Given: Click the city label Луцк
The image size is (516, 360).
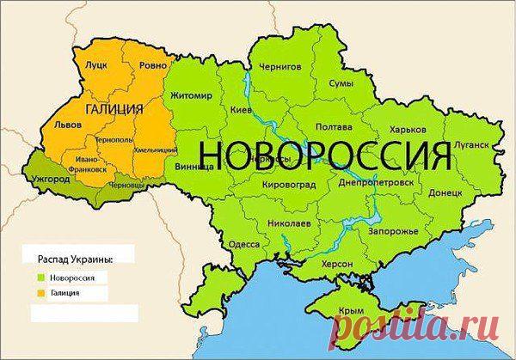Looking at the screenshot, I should (93, 65).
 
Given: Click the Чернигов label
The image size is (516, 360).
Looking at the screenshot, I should (284, 66).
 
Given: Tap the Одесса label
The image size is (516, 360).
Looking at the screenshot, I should (243, 243).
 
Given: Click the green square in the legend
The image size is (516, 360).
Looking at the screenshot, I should (40, 277).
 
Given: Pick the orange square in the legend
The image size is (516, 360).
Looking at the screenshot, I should (40, 293).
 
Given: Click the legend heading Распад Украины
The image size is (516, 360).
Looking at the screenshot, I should (75, 259).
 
